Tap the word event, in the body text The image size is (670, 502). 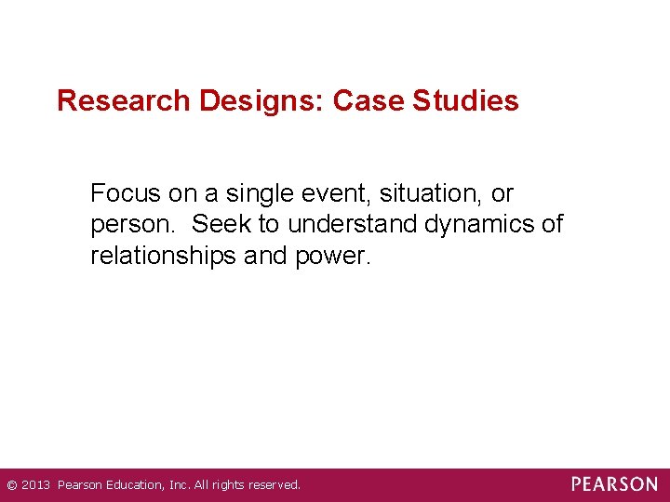(322, 194)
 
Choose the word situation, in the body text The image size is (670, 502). (426, 194)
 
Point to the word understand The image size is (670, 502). (354, 225)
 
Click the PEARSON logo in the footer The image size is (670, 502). (614, 484)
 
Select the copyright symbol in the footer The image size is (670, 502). (11, 485)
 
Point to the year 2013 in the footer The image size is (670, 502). (36, 485)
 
